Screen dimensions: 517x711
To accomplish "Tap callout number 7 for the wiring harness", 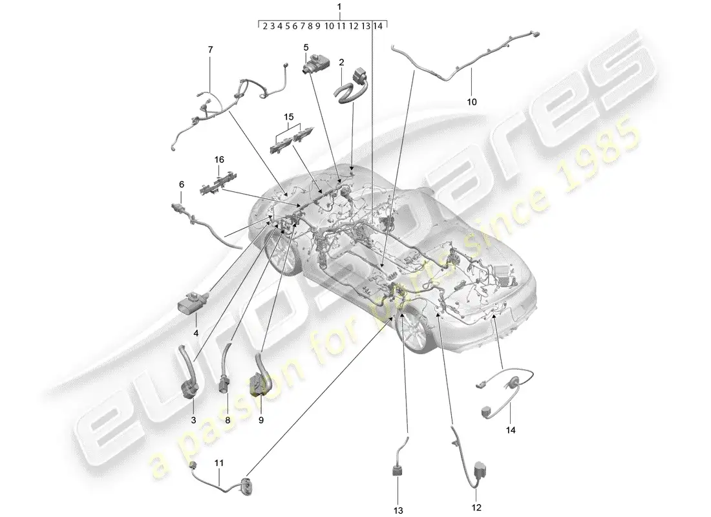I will pyautogui.click(x=209, y=50).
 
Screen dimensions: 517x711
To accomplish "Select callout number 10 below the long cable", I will pyautogui.click(x=471, y=101).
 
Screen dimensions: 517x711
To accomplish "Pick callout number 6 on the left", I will pyautogui.click(x=181, y=184).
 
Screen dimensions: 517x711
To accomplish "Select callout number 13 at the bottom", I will pyautogui.click(x=399, y=511).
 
